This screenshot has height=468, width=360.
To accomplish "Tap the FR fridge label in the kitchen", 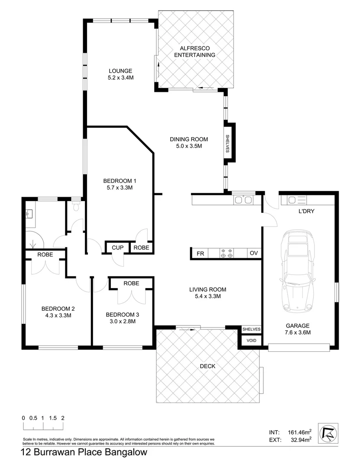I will click(x=200, y=253).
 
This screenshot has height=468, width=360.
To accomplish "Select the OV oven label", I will click(x=253, y=253).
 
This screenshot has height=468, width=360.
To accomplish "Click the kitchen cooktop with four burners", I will click(x=227, y=253).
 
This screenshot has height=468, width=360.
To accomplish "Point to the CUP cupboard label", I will click(x=118, y=247).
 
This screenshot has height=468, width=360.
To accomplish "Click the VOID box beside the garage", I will click(x=251, y=341).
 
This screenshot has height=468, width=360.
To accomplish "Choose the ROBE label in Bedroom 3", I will click(x=131, y=283).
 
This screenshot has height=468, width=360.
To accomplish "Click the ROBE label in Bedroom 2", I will click(x=45, y=255).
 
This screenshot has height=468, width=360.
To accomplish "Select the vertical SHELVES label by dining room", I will click(x=227, y=143).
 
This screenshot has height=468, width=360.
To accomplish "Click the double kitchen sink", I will click(x=243, y=200).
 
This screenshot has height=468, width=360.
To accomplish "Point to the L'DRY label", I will click(x=306, y=212).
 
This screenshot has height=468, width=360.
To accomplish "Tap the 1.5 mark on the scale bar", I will click(x=53, y=418).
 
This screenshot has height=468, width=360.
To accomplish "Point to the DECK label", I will click(x=208, y=366).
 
